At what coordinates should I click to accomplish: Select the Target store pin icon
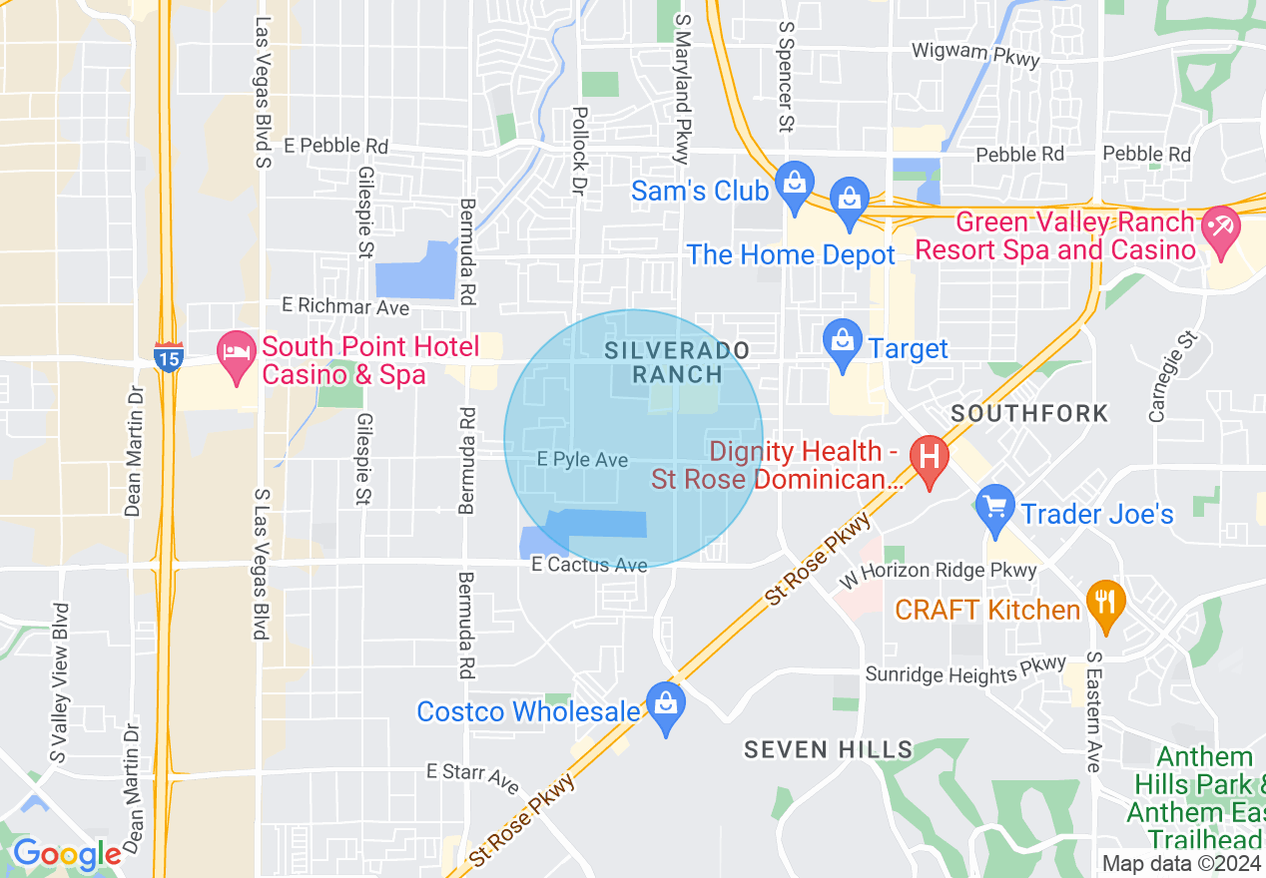[x=843, y=342]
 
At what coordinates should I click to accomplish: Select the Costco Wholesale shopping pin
[x=666, y=705]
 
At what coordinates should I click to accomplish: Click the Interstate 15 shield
[x=168, y=357]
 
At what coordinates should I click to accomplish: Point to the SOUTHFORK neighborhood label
[x=1029, y=413]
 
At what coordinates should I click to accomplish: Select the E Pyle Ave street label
[x=582, y=459]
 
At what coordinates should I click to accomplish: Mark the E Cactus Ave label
[x=589, y=565]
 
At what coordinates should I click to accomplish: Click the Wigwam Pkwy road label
[x=976, y=54]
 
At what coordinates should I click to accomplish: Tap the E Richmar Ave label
[x=345, y=306]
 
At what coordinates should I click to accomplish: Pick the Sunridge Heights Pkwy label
[x=965, y=673]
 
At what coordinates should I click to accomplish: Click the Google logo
[x=67, y=854]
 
